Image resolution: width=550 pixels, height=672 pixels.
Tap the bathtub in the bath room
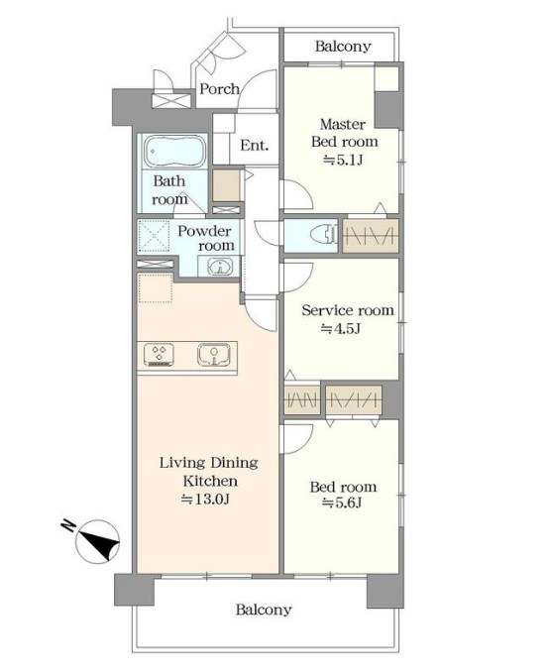tap(174, 152)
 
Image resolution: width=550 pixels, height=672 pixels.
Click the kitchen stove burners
tap(159, 355)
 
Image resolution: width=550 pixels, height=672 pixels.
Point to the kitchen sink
tap(214, 355)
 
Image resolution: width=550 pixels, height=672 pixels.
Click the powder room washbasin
tap(220, 267)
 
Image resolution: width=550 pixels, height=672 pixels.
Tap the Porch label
tap(219, 89)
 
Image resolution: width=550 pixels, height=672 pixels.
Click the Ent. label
tap(254, 146)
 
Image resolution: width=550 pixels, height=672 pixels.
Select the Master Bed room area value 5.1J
tap(343, 161)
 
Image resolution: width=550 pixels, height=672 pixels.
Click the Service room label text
tap(348, 310)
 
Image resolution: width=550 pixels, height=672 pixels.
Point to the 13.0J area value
tap(205, 499)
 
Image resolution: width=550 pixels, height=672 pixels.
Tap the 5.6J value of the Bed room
tap(342, 503)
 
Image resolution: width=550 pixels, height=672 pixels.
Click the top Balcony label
tap(343, 46)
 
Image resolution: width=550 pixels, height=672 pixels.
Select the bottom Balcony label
tap(264, 609)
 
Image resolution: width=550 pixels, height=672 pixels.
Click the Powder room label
tap(206, 238)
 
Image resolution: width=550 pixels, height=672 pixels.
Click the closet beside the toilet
tap(371, 235)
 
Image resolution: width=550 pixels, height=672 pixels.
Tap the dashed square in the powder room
tap(155, 236)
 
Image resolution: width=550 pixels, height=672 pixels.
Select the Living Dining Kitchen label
tap(209, 472)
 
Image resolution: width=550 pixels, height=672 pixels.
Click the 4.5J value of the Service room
tap(341, 328)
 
